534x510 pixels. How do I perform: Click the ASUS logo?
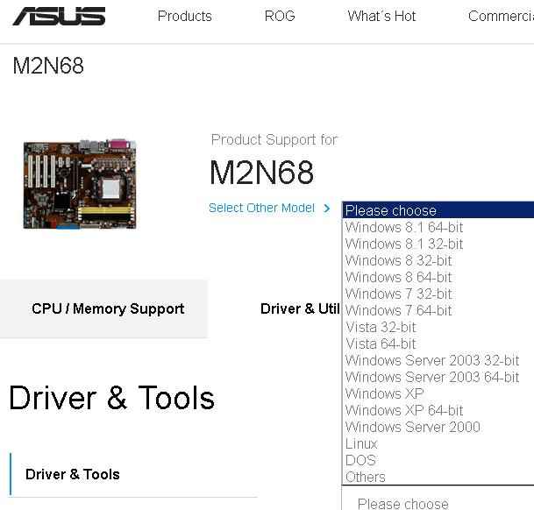[59, 17]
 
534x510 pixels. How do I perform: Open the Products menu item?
[184, 16]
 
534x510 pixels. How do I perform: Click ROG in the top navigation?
[280, 16]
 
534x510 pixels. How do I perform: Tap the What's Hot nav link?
[381, 16]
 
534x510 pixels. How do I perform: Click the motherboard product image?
[80, 184]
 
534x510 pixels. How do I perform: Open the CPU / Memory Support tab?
[108, 308]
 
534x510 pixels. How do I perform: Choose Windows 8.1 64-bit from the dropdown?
[404, 227]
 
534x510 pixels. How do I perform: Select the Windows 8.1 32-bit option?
[404, 244]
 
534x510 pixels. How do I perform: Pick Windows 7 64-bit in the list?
[399, 310]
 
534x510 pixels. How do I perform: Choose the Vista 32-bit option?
[381, 327]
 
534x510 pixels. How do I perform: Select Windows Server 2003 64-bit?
[432, 377]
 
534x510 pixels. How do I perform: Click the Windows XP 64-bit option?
[404, 410]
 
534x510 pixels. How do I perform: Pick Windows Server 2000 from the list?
[413, 427]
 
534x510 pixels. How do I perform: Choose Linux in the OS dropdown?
[361, 443]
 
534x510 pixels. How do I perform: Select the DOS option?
[360, 460]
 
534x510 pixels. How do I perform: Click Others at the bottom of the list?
[366, 477]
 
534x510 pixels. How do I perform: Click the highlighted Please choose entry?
[391, 210]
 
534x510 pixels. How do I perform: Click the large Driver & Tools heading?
[111, 398]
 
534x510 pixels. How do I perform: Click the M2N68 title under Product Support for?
[261, 172]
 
